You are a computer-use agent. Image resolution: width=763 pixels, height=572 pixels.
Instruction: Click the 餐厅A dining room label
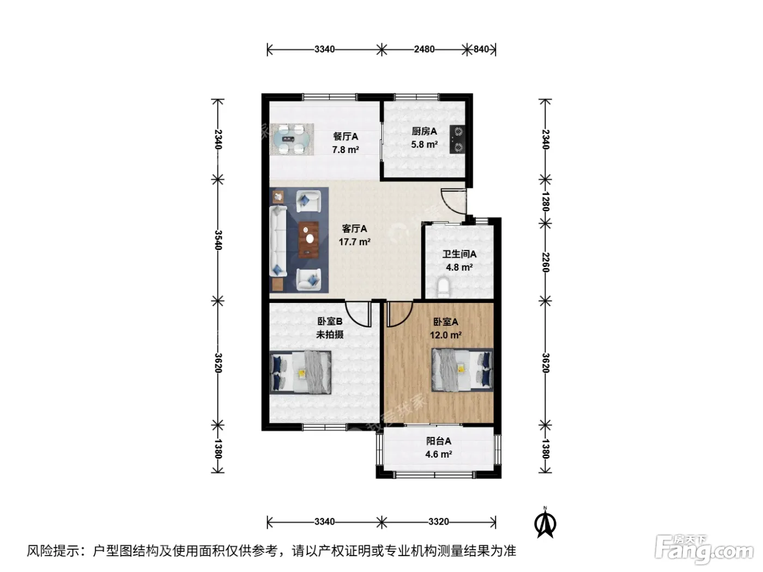tap(345, 137)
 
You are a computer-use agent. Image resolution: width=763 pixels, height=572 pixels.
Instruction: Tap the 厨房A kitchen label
tap(424, 131)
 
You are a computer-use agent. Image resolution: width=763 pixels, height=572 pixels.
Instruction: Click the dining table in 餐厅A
tap(291, 139)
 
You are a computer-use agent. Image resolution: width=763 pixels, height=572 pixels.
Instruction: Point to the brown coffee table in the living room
tap(308, 240)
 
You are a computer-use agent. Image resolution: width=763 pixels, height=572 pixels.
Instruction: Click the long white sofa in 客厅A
tap(278, 241)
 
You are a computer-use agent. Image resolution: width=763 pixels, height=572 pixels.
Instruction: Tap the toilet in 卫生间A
tap(443, 287)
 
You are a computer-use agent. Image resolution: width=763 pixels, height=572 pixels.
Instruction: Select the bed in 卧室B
tap(301, 372)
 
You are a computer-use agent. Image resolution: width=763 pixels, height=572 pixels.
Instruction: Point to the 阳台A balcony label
tap(438, 441)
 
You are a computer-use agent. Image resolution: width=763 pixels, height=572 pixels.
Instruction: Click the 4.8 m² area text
tap(459, 267)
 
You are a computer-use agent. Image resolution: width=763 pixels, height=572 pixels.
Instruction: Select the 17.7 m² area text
tap(354, 242)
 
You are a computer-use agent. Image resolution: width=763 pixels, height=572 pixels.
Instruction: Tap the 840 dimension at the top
tap(481, 50)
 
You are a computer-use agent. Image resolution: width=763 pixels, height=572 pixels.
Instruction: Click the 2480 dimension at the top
tap(423, 50)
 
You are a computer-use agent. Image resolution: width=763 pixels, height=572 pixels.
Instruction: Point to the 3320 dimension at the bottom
tap(438, 521)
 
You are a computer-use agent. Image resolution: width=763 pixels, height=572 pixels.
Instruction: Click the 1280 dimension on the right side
tap(546, 202)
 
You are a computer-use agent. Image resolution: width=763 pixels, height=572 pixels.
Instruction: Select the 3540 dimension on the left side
tap(218, 240)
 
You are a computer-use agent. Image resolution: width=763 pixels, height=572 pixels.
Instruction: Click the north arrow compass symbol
tap(545, 522)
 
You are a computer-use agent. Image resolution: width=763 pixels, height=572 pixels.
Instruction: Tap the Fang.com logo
tap(704, 550)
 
